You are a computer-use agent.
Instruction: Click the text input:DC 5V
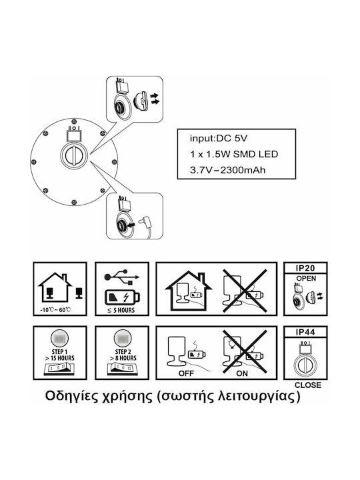(218, 139)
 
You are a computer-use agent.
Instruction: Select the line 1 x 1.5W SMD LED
(234, 154)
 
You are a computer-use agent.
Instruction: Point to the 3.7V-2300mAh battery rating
(228, 170)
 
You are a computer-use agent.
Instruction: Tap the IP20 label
(305, 268)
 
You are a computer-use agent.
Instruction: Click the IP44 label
(305, 332)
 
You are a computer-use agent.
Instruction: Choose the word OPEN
(306, 279)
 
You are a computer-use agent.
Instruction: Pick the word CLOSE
(308, 385)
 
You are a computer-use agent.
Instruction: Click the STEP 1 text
(60, 352)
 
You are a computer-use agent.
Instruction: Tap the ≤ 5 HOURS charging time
(121, 311)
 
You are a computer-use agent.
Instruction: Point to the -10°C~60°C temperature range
(55, 310)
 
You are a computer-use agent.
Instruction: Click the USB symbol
(122, 277)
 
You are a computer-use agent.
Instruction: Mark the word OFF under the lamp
(186, 373)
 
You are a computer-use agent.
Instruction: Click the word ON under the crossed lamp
(242, 373)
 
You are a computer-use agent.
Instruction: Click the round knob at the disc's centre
(74, 155)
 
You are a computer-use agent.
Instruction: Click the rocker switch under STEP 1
(60, 369)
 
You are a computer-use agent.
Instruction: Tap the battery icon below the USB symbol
(123, 297)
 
